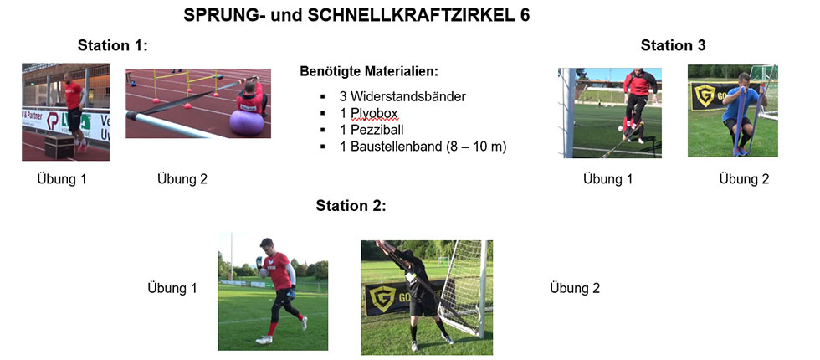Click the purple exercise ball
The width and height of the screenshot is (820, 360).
tap(246, 123)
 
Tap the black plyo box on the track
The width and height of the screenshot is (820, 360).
tap(59, 146)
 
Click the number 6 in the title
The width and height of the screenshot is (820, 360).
tap(525, 16)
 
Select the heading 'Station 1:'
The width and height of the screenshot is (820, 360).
tap(113, 45)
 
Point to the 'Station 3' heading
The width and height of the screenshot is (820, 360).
tap(673, 45)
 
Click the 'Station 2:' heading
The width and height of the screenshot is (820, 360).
tap(351, 206)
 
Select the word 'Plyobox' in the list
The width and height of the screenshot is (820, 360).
tap(373, 114)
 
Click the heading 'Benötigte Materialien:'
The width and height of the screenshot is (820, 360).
tap(369, 71)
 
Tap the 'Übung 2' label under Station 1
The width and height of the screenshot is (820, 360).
tap(182, 179)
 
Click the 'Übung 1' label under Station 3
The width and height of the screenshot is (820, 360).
tap(608, 179)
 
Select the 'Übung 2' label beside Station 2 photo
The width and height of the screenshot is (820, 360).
tap(575, 288)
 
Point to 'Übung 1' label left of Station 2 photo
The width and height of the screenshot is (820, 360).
tap(172, 288)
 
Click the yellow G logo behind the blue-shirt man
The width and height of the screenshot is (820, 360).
tap(705, 96)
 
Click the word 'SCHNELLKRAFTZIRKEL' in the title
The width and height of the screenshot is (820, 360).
tap(404, 16)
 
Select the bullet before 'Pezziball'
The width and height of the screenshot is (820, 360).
tap(323, 131)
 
